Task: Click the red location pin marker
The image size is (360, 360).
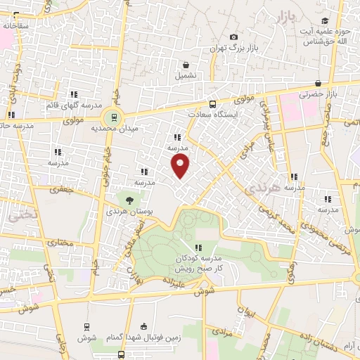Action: click(x=181, y=166)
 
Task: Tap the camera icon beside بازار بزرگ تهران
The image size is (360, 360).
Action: click(x=233, y=37)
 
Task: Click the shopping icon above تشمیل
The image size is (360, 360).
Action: click(x=186, y=63)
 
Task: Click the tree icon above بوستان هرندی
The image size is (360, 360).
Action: click(x=127, y=200)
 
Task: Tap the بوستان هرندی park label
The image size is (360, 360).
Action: click(x=126, y=210)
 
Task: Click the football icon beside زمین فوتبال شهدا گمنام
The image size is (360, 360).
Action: click(x=145, y=327)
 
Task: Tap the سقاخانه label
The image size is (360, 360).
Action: click(x=16, y=25)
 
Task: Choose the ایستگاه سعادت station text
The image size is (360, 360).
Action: click(x=216, y=113)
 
